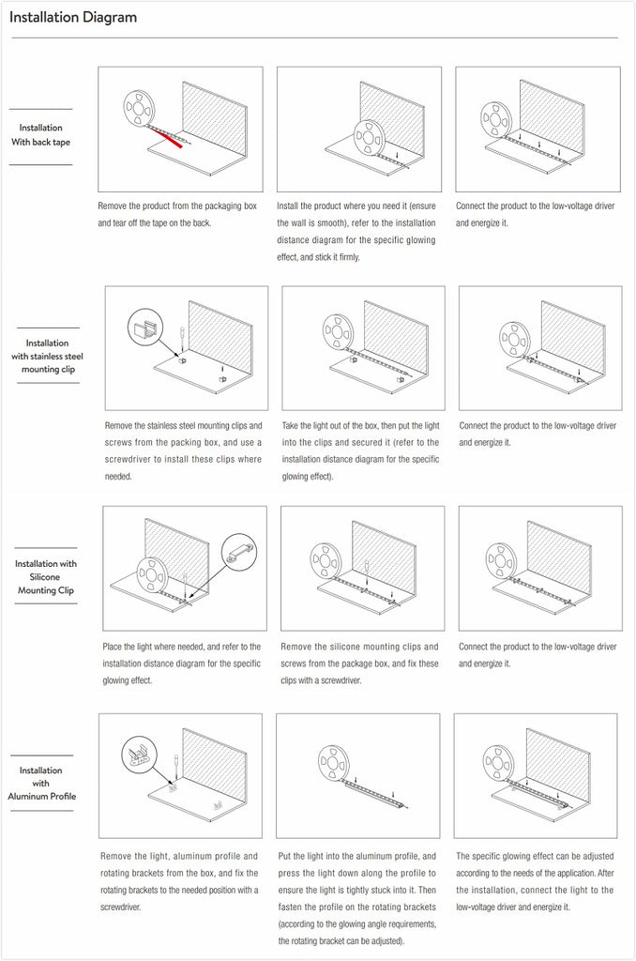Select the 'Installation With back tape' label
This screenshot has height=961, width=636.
(40, 135)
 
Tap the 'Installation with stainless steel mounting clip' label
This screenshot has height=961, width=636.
(47, 357)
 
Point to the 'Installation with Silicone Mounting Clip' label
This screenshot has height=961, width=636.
(46, 577)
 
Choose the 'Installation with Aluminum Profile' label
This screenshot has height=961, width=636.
(41, 783)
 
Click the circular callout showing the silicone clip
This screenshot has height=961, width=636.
(238, 551)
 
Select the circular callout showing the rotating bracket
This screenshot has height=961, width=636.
(140, 755)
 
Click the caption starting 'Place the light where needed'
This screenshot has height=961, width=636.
(181, 664)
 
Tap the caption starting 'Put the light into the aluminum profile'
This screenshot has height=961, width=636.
(356, 897)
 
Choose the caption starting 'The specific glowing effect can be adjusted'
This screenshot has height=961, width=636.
(536, 881)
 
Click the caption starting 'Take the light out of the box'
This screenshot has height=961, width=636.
(360, 450)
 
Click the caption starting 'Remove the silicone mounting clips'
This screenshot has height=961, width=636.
(359, 664)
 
